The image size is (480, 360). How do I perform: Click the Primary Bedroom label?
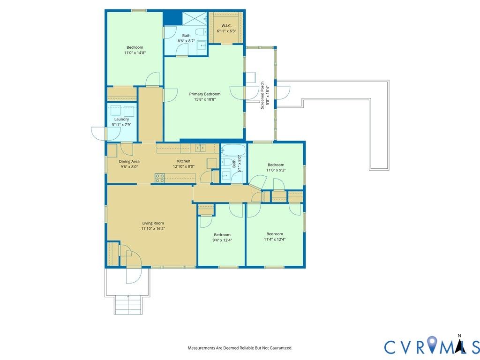(204, 94)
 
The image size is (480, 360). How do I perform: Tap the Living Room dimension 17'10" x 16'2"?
(153, 228)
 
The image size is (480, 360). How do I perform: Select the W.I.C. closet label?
(226, 25)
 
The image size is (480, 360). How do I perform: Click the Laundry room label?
(121, 119)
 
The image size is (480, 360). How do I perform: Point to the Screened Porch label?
(262, 95)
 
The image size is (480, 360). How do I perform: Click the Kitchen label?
(184, 161)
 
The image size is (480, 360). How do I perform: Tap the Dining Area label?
(129, 161)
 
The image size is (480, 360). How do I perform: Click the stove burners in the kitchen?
(159, 178)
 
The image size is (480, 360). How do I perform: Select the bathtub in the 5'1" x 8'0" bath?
(233, 150)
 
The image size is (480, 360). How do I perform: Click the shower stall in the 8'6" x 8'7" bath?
(195, 18)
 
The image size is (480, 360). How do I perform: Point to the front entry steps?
(128, 305)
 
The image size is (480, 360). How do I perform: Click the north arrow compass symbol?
(459, 345)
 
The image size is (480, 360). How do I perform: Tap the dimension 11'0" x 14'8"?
(135, 52)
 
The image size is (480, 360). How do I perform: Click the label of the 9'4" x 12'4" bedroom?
(222, 235)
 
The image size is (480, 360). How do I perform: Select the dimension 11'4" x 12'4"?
(275, 240)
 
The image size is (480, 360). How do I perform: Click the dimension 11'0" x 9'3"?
(276, 170)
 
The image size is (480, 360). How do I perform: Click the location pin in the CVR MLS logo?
(432, 344)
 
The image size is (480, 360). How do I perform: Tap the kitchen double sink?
(201, 148)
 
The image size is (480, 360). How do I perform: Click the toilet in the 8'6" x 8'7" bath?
(201, 31)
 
